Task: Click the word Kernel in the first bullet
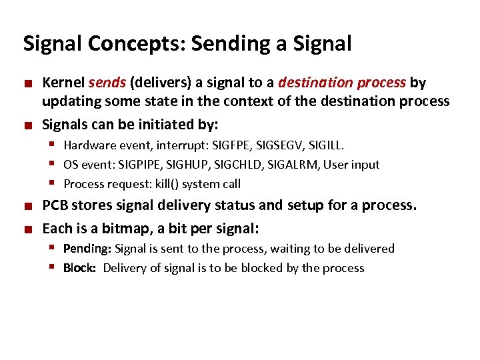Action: (63, 83)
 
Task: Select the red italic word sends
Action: (107, 83)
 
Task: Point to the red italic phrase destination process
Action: (342, 83)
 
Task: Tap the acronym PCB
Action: (55, 205)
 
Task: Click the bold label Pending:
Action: (87, 249)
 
